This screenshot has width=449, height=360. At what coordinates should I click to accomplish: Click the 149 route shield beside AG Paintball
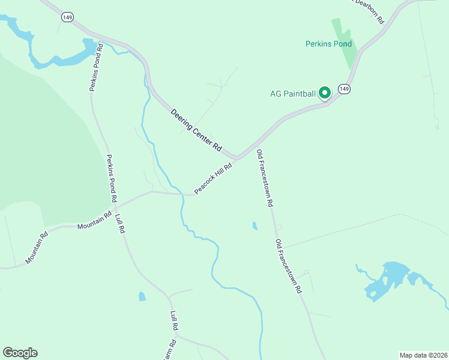coord(343,89)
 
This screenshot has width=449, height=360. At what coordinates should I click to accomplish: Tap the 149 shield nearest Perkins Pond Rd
coord(67,18)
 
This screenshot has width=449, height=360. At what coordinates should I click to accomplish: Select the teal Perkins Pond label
coord(328,44)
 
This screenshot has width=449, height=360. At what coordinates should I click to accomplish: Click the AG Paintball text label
coord(293,94)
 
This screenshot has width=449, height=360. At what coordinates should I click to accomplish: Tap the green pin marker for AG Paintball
coord(325,93)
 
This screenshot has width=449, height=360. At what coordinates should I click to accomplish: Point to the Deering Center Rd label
coord(196,130)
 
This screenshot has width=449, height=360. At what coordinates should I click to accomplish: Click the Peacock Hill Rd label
coord(213,179)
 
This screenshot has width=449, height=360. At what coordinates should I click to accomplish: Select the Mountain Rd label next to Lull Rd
coord(95,221)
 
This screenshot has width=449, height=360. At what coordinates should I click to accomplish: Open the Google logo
coord(20,353)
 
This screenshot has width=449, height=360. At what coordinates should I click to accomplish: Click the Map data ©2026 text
coord(423,355)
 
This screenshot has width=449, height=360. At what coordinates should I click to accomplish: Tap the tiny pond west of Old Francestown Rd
coord(255,226)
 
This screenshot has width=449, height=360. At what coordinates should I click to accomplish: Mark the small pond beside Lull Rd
coord(142,296)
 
